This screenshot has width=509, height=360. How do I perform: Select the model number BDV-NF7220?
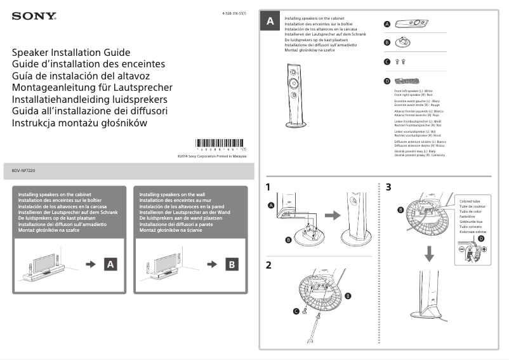click(26, 171)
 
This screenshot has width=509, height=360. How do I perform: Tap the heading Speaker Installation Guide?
click(71, 52)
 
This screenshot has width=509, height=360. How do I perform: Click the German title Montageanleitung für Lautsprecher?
click(92, 88)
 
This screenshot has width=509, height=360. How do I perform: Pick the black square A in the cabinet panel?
click(110, 263)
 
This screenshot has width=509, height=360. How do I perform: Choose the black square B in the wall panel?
click(232, 263)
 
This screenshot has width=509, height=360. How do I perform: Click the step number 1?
click(269, 188)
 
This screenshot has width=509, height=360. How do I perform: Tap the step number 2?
click(269, 265)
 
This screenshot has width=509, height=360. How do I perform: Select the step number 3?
click(388, 188)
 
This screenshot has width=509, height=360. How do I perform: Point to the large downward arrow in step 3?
click(430, 253)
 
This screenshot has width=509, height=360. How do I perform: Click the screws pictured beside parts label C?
click(400, 62)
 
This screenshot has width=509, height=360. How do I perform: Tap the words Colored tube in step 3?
click(470, 201)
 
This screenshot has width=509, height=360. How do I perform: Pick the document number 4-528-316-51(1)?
click(234, 13)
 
